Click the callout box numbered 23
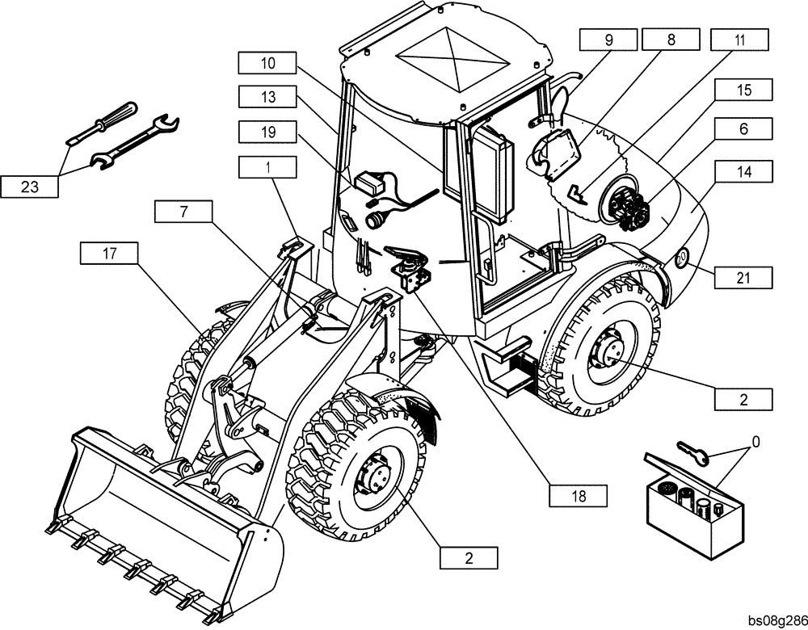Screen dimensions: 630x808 29,187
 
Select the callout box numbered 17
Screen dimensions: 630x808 109,254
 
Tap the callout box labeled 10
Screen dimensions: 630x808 267,62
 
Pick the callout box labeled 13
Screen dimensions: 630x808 267,96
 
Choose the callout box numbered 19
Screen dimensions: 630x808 267,131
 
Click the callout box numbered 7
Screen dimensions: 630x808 183,212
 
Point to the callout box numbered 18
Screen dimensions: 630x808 578,493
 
